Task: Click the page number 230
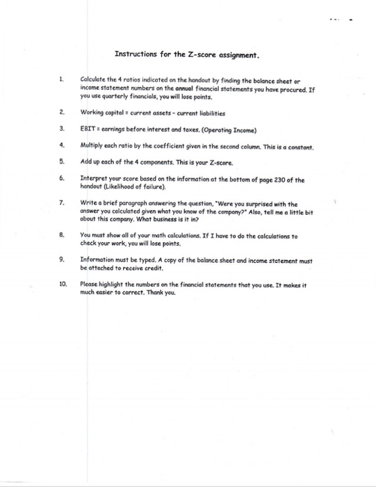tap(275, 179)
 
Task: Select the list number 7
tap(62, 203)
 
